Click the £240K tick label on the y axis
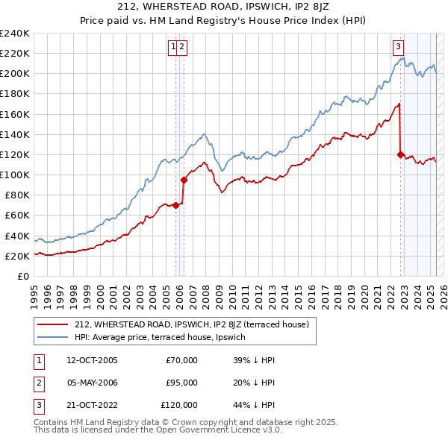[x=15, y=34]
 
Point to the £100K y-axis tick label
[x=15, y=175]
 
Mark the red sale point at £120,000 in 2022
[x=400, y=155]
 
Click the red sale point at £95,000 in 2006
[x=184, y=180]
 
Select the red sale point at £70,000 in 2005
[x=176, y=205]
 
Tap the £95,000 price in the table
[x=181, y=383]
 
